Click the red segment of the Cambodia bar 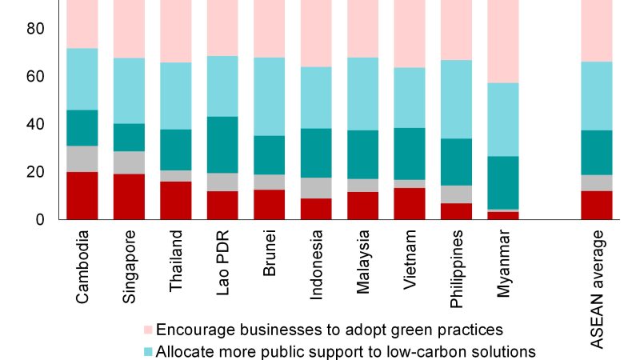pyautogui.click(x=82, y=195)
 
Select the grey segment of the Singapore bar pyautogui.click(x=129, y=162)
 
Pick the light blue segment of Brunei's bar pyautogui.click(x=270, y=96)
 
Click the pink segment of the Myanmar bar pyautogui.click(x=503, y=40)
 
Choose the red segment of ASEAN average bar pyautogui.click(x=597, y=205)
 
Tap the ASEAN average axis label pyautogui.click(x=597, y=288)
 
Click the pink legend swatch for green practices pyautogui.click(x=147, y=330)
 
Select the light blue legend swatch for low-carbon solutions pyautogui.click(x=147, y=351)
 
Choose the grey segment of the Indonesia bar pyautogui.click(x=316, y=188)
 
